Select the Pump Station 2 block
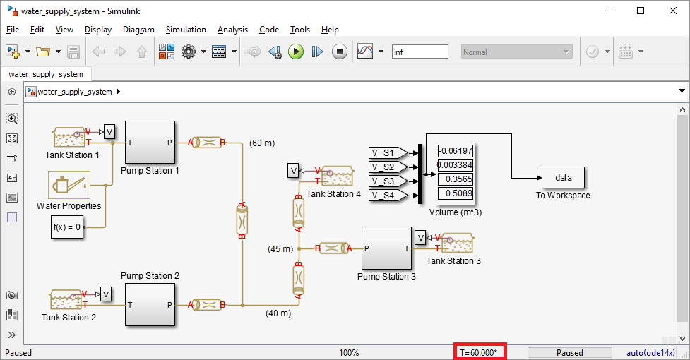coord(150,305)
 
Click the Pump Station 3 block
coord(386,248)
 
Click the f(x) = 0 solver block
coord(68,227)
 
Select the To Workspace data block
coord(563,177)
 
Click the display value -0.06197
coord(455,150)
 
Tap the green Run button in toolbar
coord(296,52)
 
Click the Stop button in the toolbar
coord(340,52)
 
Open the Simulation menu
coord(186,30)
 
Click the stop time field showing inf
coord(420,52)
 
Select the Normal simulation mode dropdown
coord(516,52)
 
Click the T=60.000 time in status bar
coord(480,352)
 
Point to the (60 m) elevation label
coord(263,143)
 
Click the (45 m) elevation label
coord(280,248)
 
